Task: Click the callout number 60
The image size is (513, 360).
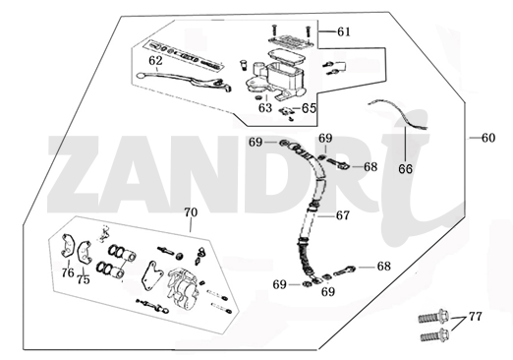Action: (488, 138)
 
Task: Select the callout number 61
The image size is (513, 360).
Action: (343, 32)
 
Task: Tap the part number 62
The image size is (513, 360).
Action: (154, 61)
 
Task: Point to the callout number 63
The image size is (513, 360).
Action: (265, 108)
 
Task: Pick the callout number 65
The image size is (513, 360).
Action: (309, 108)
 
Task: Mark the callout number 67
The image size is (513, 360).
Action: (342, 214)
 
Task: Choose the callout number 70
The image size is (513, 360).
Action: (191, 212)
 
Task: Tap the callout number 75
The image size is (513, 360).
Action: (84, 279)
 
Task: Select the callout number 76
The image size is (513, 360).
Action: (67, 273)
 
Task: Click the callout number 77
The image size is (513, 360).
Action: (475, 317)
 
